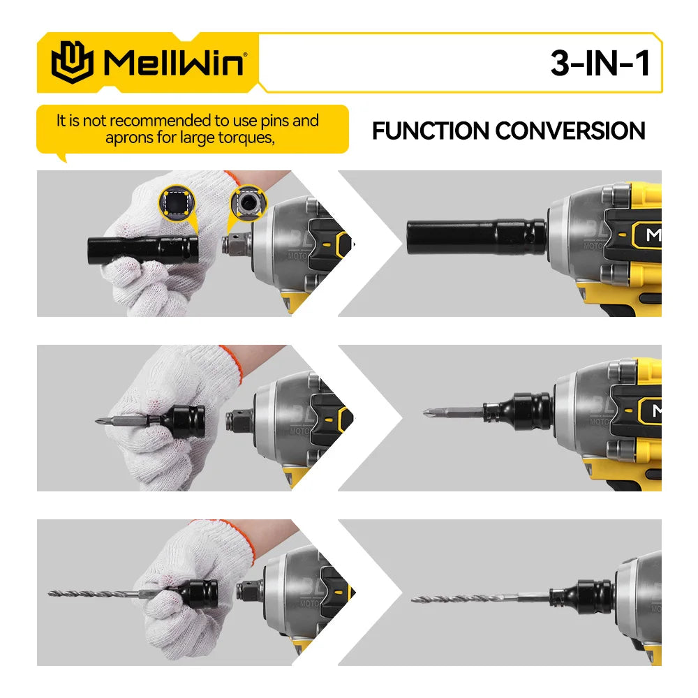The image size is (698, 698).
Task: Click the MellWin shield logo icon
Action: [72, 62]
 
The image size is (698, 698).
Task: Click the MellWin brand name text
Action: [174, 63]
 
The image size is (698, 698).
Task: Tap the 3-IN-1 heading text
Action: [600, 64]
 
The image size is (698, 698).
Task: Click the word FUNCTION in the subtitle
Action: [430, 131]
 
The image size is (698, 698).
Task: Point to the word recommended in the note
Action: [162, 121]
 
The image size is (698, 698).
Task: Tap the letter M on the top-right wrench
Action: [653, 235]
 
